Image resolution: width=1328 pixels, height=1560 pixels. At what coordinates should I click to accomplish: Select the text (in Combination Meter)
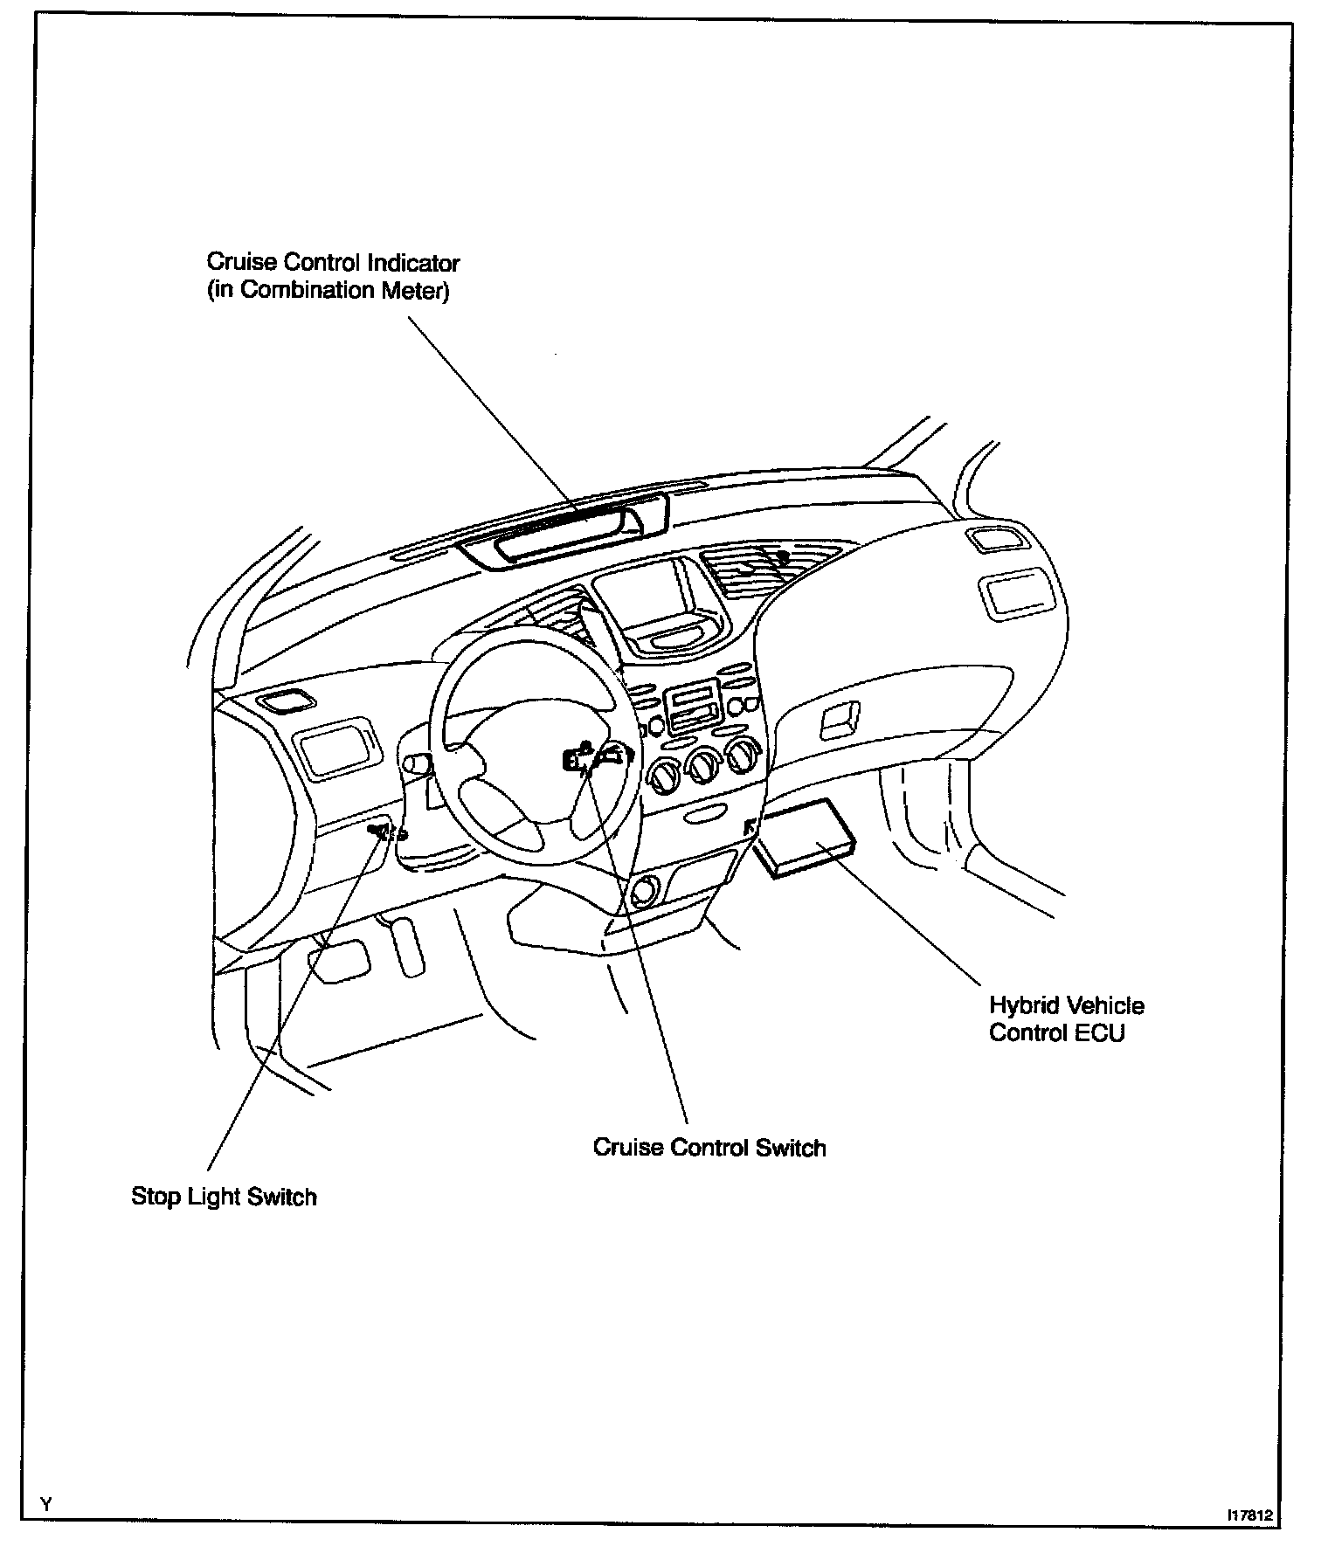tap(328, 290)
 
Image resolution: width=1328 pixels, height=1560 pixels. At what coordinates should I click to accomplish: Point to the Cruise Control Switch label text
tap(709, 1147)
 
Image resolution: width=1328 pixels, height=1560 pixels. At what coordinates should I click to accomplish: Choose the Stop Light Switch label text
tap(224, 1196)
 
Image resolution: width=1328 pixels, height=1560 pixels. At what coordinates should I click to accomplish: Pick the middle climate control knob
tap(704, 764)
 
